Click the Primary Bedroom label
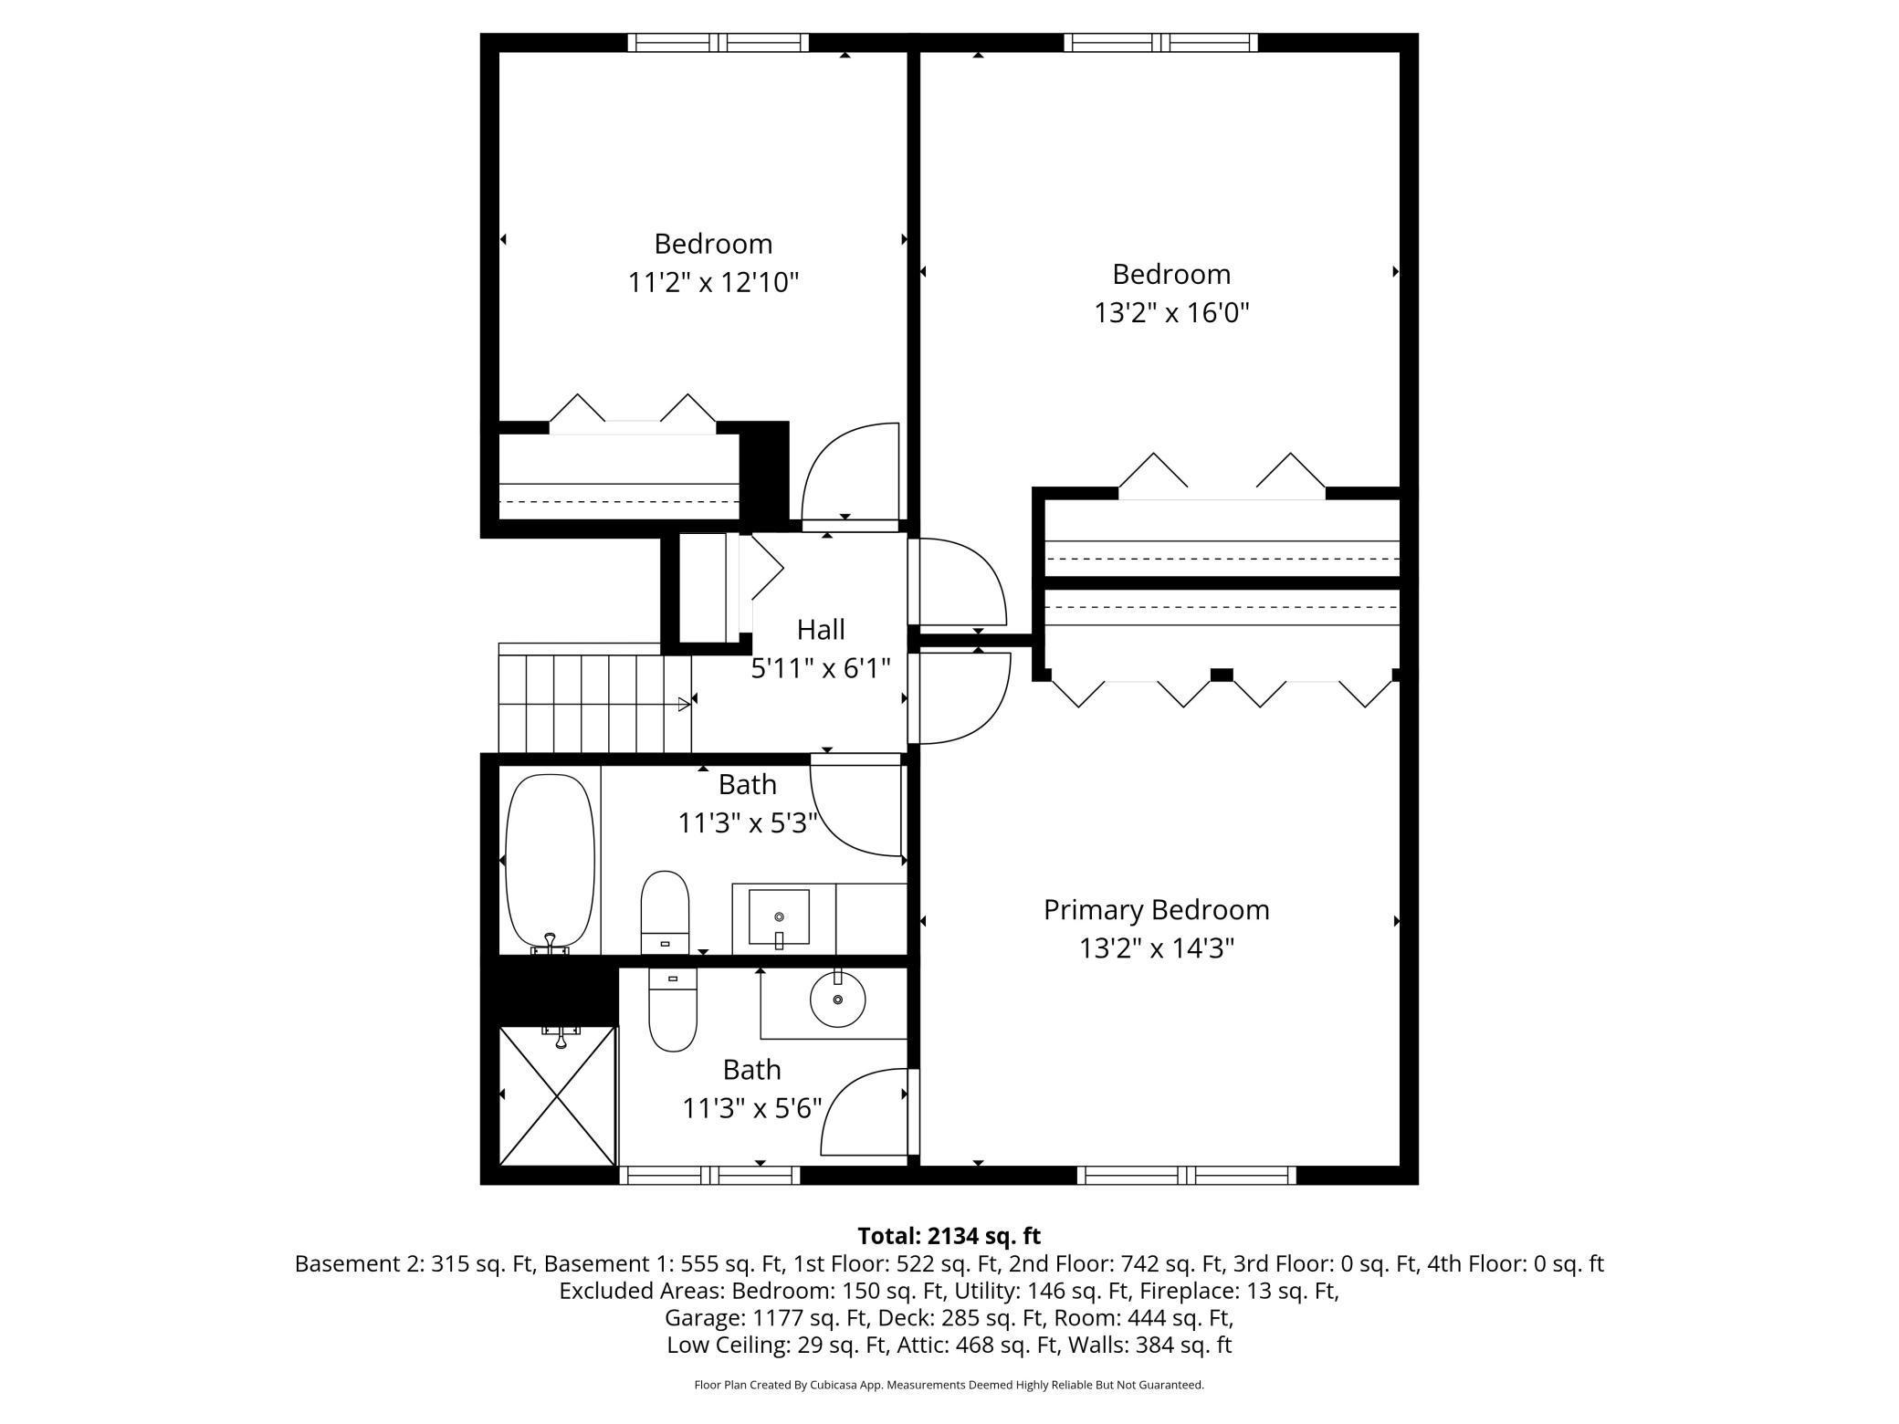point(1156,910)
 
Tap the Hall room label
point(821,630)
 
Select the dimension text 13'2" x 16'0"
point(1171,313)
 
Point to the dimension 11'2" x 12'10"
point(713,283)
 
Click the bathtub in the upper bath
point(550,861)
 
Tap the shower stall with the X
point(558,1095)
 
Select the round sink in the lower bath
point(837,1000)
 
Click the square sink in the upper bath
point(779,916)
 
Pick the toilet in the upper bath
point(665,911)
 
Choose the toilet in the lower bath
point(672,1010)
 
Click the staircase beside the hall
point(593,698)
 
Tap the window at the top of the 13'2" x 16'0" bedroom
point(1160,42)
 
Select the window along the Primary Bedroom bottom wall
point(1186,1176)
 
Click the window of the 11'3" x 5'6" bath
point(709,1176)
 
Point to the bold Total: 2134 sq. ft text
point(949,1236)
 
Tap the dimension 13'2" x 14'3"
point(1157,949)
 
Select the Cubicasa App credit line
point(949,1385)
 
